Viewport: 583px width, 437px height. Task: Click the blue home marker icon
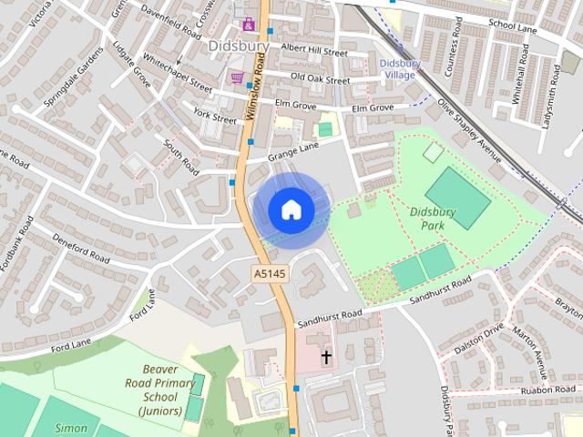(x=291, y=209)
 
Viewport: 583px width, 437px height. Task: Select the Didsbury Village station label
(x=399, y=69)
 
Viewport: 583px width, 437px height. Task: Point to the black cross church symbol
(x=326, y=356)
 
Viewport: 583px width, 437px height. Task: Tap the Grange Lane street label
(x=294, y=152)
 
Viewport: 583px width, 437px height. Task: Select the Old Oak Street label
(x=320, y=80)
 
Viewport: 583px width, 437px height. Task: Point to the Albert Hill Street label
(x=314, y=49)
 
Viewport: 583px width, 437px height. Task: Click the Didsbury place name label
(x=239, y=45)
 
